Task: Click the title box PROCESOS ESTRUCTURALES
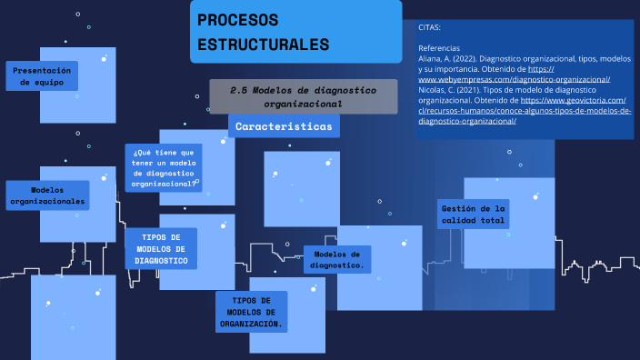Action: pyautogui.click(x=295, y=32)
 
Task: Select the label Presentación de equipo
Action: pyautogui.click(x=42, y=76)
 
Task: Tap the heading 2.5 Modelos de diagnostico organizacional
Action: pyautogui.click(x=303, y=96)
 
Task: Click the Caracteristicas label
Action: pyautogui.click(x=284, y=126)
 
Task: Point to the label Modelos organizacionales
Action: pyautogui.click(x=46, y=195)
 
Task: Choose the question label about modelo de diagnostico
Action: pyautogui.click(x=164, y=168)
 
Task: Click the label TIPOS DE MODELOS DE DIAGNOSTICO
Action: pyautogui.click(x=161, y=248)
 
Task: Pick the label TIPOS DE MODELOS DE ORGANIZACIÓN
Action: pyautogui.click(x=251, y=312)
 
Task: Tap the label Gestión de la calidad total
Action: pyautogui.click(x=472, y=215)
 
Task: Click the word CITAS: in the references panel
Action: pyautogui.click(x=429, y=27)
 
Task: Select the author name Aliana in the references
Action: pyautogui.click(x=431, y=58)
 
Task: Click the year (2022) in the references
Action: pyautogui.click(x=465, y=58)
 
